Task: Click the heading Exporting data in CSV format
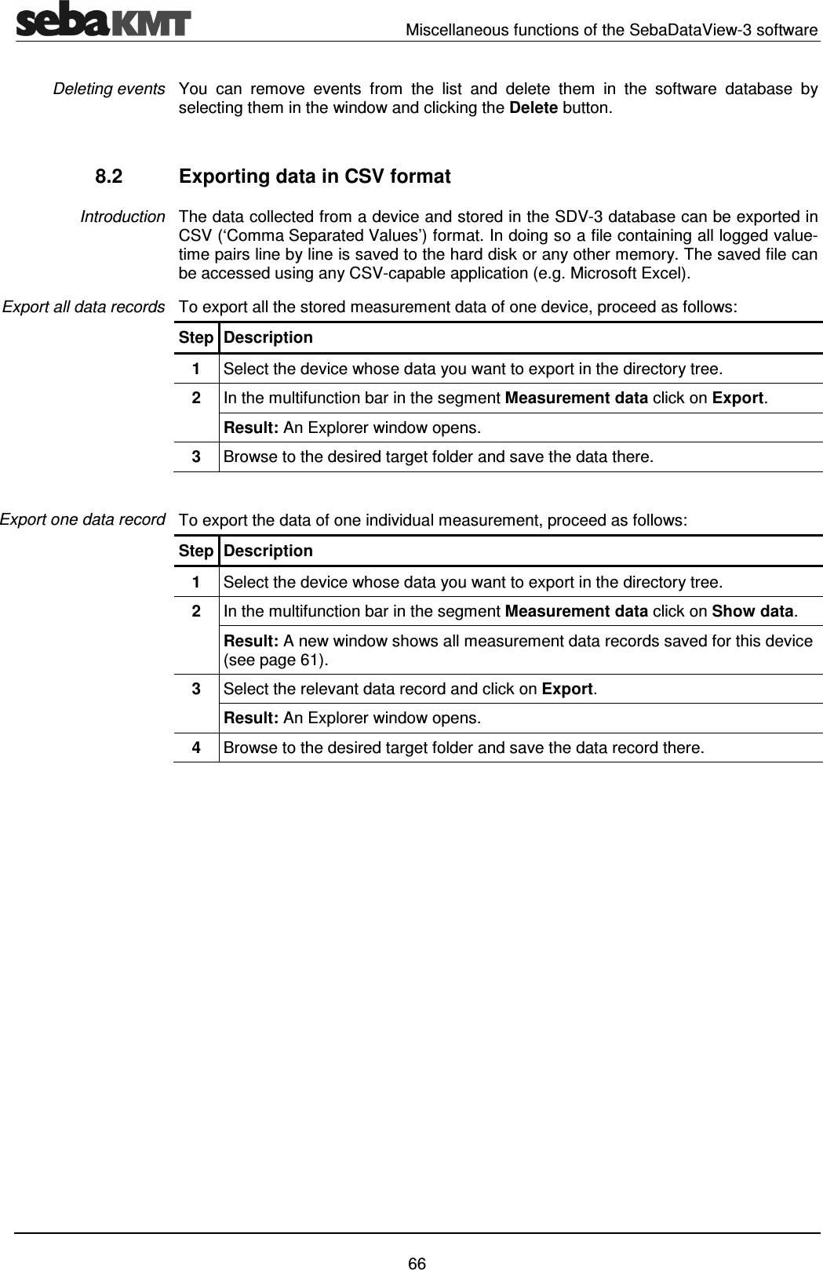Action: pos(315,177)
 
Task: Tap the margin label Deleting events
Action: pos(109,89)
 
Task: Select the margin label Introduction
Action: pos(122,217)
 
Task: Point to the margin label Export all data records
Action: pos(83,307)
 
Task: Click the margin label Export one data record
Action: pos(82,519)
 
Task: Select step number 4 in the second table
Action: pos(196,747)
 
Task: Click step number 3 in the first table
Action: pos(196,457)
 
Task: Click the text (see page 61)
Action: pos(276,659)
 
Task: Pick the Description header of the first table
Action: pos(268,338)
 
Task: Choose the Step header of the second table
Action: pos(195,551)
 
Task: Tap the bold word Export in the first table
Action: pos(737,398)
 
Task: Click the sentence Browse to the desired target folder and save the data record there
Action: pos(463,747)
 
